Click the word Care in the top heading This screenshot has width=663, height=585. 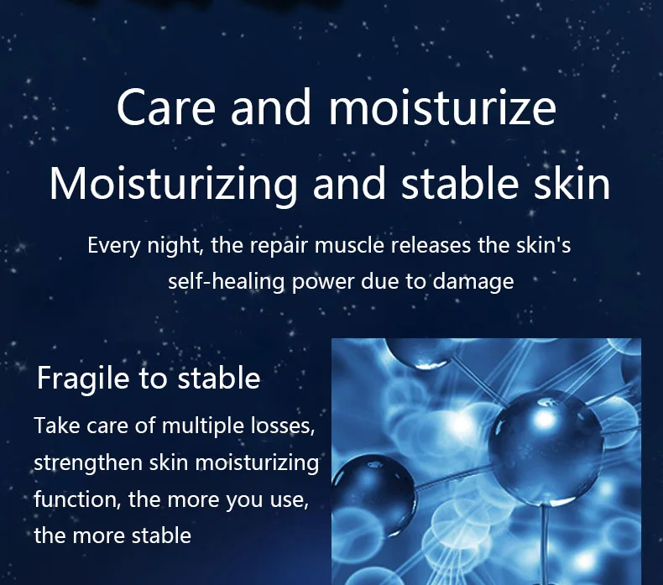[166, 107]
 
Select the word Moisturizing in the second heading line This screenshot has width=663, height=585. [174, 185]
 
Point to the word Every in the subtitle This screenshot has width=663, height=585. [114, 246]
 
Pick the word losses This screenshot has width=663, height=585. [283, 426]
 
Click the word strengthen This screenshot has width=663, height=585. [88, 462]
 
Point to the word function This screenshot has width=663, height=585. [75, 499]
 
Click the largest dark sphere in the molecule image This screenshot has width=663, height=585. [546, 447]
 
